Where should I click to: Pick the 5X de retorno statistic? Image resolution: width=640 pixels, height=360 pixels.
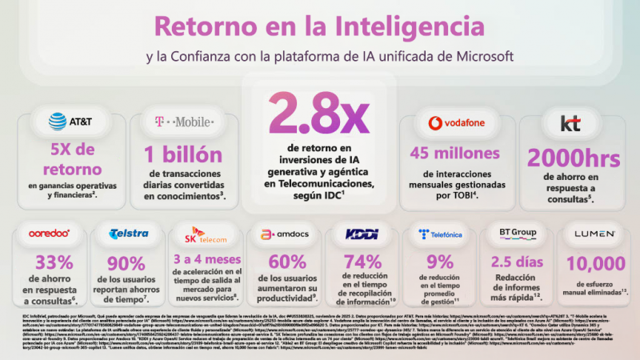click(x=71, y=158)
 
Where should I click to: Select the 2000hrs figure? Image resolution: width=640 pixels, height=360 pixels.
click(x=559, y=159)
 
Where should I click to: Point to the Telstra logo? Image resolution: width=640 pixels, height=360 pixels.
click(x=128, y=234)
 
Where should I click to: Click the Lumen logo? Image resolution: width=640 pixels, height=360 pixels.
click(x=590, y=234)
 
